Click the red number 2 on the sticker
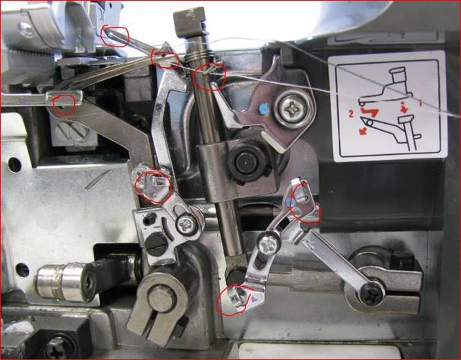click(x=351, y=114)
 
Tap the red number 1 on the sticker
click(x=421, y=103)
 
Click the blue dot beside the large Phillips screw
click(x=264, y=108)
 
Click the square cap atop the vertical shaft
click(x=189, y=21)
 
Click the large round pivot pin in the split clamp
click(x=162, y=298)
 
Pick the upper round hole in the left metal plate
click(x=14, y=165)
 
